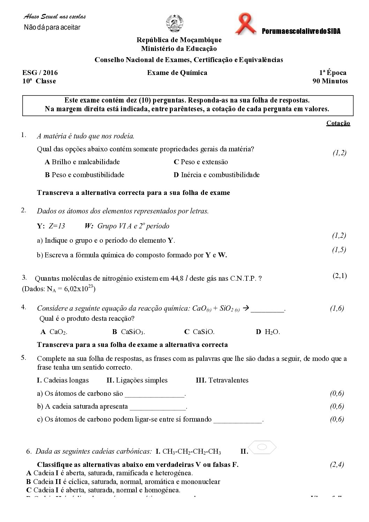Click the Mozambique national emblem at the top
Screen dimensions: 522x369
click(173, 24)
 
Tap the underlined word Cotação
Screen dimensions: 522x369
click(338, 123)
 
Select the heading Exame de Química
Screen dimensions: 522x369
click(177, 73)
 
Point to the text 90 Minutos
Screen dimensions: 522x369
click(330, 81)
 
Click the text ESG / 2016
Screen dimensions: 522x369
click(40, 73)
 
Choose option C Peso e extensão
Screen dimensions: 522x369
click(201, 162)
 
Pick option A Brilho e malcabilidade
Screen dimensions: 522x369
click(82, 162)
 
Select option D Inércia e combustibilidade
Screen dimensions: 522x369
click(216, 175)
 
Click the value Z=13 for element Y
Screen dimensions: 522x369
click(57, 226)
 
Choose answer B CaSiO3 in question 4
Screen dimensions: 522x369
click(128, 332)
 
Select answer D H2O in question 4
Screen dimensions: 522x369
click(268, 332)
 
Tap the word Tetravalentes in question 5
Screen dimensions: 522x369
click(228, 380)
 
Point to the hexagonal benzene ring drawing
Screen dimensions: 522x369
click(263, 447)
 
